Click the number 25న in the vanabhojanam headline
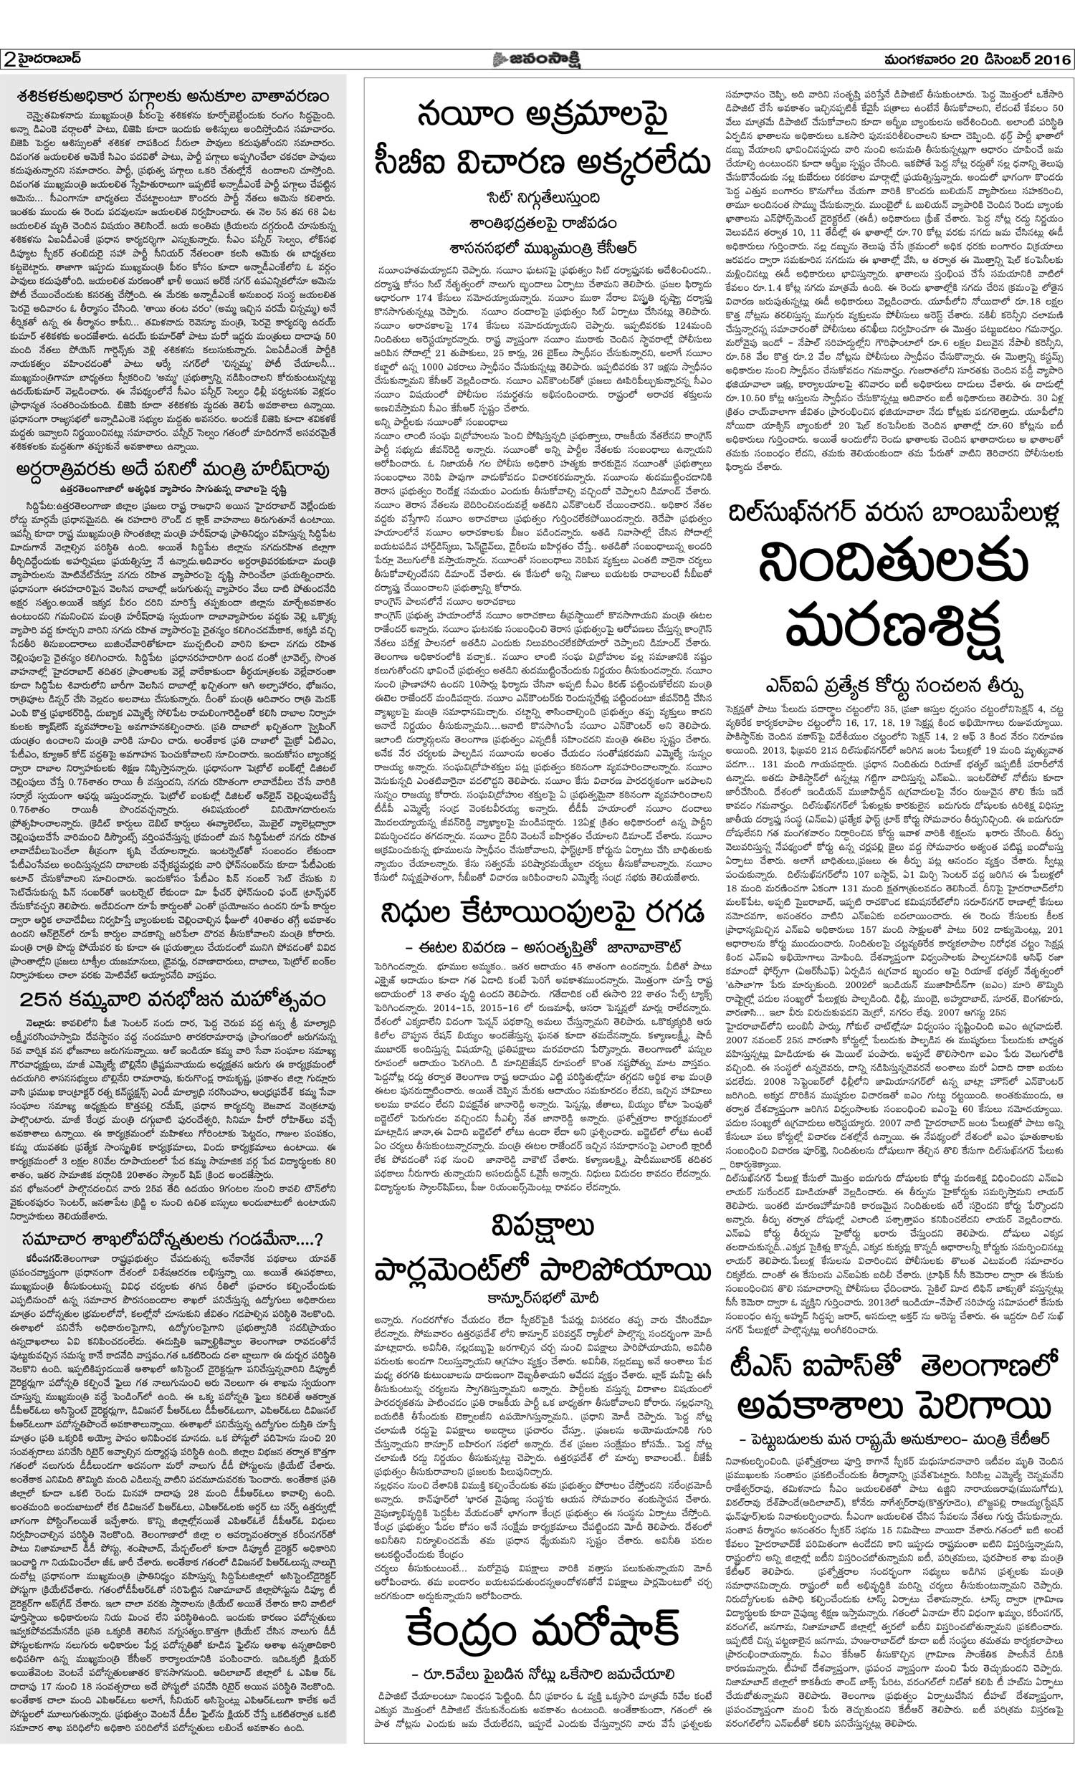pos(36,1002)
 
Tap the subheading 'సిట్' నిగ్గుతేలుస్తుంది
pos(542,198)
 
